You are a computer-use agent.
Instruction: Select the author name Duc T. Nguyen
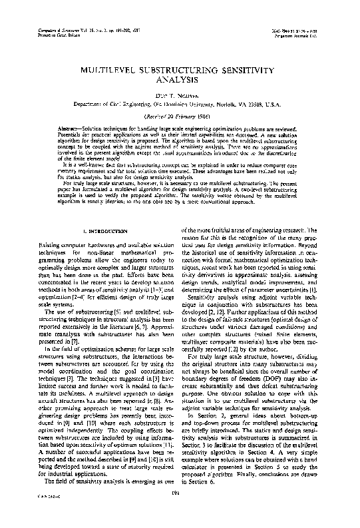point(180,96)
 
